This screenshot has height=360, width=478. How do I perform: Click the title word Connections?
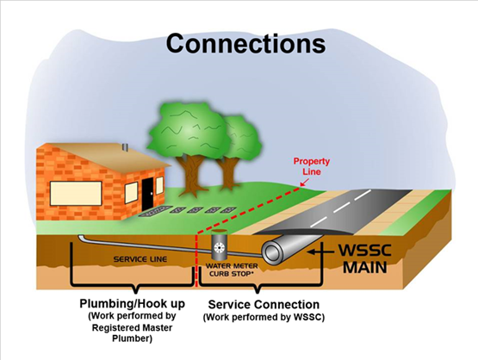click(x=245, y=44)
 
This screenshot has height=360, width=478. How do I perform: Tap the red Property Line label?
click(x=312, y=166)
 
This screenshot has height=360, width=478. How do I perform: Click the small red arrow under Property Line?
click(x=304, y=182)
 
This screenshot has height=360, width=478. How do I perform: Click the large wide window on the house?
click(x=76, y=193)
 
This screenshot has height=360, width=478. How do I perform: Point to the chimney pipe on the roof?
click(x=125, y=147)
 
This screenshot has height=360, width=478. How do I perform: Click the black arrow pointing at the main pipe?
click(x=320, y=251)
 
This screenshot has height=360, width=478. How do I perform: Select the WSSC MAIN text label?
click(x=365, y=259)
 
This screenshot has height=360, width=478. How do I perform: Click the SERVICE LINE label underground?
click(x=140, y=259)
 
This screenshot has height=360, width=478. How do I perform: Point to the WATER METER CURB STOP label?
click(x=232, y=270)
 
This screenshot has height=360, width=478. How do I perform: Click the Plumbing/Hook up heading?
click(x=133, y=304)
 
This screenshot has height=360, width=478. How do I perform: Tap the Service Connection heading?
click(x=264, y=305)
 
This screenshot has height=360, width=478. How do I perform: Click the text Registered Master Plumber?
click(x=132, y=332)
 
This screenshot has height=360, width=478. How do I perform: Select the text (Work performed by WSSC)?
click(x=264, y=317)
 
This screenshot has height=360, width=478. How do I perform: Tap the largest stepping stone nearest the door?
click(x=155, y=211)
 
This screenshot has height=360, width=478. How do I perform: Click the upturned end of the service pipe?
click(x=81, y=237)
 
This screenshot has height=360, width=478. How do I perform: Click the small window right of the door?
click(x=159, y=184)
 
